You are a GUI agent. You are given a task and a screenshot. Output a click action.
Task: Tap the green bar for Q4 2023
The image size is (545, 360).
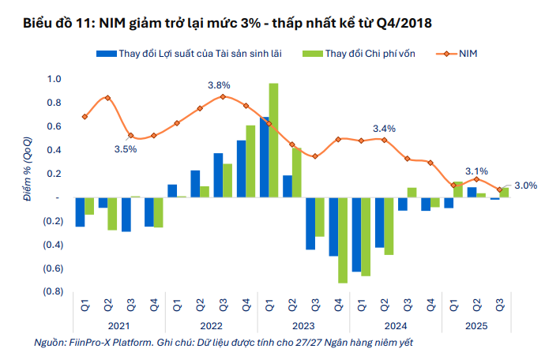tap(343, 240)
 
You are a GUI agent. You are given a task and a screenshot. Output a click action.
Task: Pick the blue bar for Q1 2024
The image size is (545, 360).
tap(357, 234)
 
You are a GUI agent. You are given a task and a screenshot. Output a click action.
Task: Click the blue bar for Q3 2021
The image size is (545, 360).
tap(126, 214)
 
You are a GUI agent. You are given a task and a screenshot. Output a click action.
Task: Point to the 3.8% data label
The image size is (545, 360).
tap(219, 85)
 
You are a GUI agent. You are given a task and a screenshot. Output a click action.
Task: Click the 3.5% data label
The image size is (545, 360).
tap(126, 148)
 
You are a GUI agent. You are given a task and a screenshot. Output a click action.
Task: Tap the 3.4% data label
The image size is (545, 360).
tap(384, 129)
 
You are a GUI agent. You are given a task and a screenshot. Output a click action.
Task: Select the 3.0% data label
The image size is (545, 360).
tap(525, 186)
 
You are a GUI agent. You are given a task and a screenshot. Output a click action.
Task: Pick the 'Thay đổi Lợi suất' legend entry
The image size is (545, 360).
tap(199, 53)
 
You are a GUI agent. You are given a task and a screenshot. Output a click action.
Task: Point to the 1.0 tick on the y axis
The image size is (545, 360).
tap(54, 79)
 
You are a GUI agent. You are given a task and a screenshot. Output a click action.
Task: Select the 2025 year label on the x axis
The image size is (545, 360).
tap(476, 325)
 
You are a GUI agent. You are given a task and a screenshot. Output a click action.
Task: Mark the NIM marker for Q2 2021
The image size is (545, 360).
tap(107, 98)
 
